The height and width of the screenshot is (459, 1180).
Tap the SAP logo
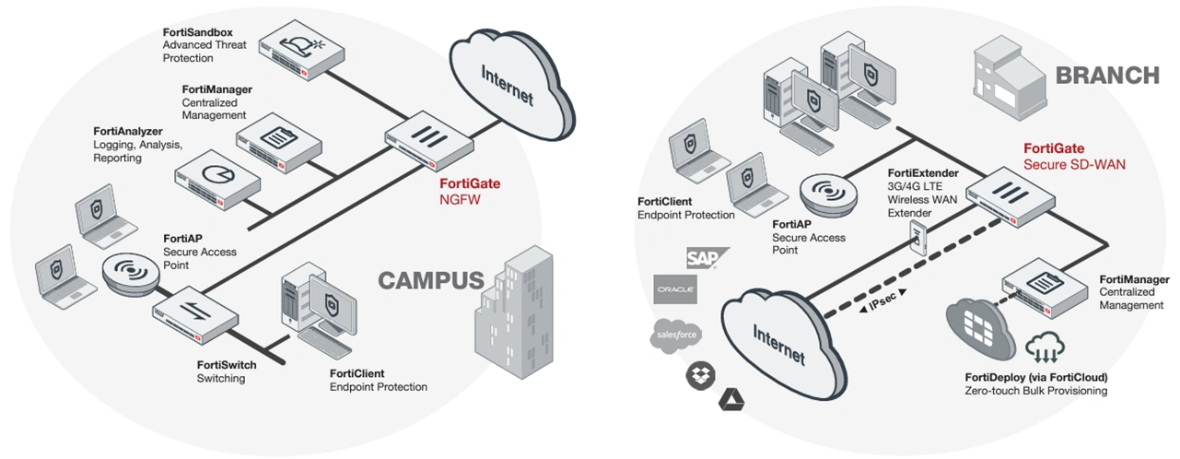coord(705,257)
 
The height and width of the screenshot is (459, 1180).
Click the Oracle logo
coord(675,289)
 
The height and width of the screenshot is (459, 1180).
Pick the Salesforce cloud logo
coord(676,335)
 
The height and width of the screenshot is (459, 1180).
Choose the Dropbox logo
coord(696,374)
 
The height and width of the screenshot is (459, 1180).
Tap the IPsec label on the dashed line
coord(882,300)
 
